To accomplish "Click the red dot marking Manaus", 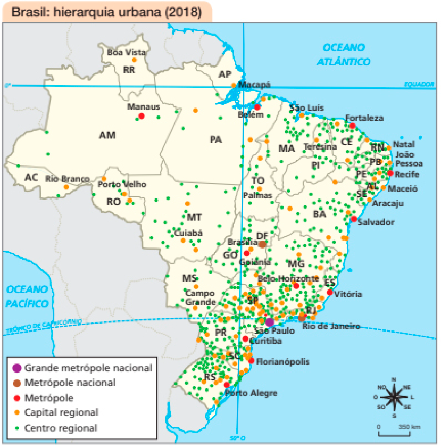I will [x=142, y=116].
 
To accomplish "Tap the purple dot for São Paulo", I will [x=269, y=322].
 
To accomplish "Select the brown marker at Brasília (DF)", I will [x=262, y=244].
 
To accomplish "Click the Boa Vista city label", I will [x=126, y=52].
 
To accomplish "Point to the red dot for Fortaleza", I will [x=352, y=126].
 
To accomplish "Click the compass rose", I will [x=393, y=396].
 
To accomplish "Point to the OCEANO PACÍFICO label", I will [x=28, y=296].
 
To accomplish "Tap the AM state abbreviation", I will [x=107, y=136].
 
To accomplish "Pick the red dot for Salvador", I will [x=354, y=219].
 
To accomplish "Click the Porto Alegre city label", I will [x=251, y=393].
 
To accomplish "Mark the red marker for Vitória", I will [x=330, y=292].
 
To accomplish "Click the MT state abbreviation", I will [x=194, y=217].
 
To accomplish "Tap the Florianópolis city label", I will [x=282, y=362].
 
